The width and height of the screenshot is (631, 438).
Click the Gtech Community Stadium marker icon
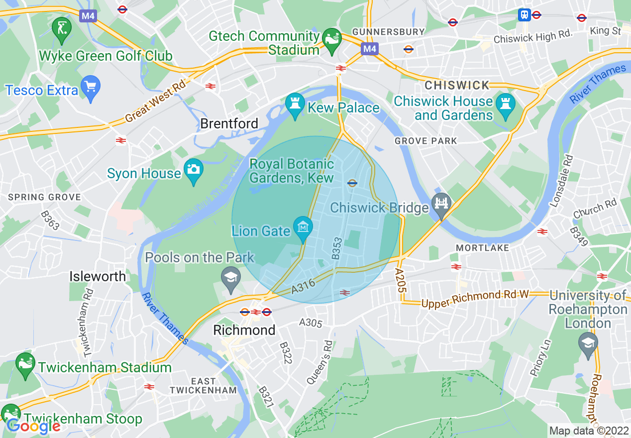(331, 40)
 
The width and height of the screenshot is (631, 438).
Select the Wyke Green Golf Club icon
(62, 27)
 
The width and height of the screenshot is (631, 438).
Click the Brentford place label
(229, 123)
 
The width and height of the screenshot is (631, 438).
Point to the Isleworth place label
(98, 277)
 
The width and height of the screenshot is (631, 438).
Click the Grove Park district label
(425, 141)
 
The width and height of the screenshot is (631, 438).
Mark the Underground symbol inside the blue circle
(352, 183)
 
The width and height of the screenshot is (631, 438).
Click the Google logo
(34, 426)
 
